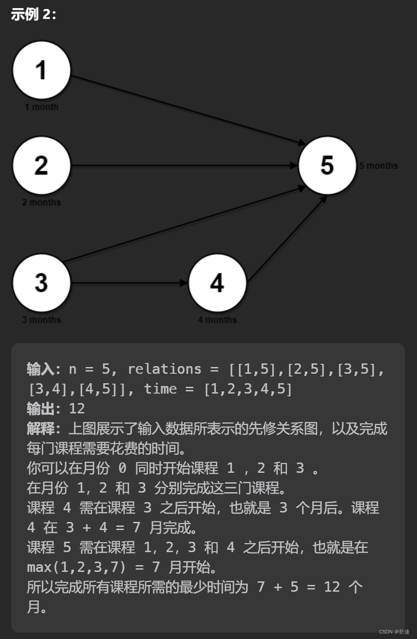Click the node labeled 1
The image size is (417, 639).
pyautogui.click(x=41, y=70)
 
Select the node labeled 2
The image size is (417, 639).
pyautogui.click(x=41, y=166)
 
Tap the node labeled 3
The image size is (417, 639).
pyautogui.click(x=41, y=283)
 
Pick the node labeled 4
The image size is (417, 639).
pyautogui.click(x=217, y=283)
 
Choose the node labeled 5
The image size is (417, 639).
pyautogui.click(x=327, y=166)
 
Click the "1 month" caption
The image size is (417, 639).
pyautogui.click(x=41, y=107)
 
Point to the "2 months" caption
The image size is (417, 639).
pyautogui.click(x=41, y=203)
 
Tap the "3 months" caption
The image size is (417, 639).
pyautogui.click(x=41, y=320)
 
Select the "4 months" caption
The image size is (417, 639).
pyautogui.click(x=217, y=320)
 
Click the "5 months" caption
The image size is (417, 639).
pyautogui.click(x=378, y=166)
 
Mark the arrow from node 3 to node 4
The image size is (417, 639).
pyautogui.click(x=130, y=283)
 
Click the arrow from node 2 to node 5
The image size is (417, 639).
pyautogui.click(x=184, y=166)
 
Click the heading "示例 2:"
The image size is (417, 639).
pyautogui.click(x=34, y=14)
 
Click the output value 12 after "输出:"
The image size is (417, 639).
pyautogui.click(x=76, y=408)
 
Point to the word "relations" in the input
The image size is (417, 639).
pyautogui.click(x=164, y=369)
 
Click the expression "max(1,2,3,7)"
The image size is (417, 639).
pyautogui.click(x=76, y=567)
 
